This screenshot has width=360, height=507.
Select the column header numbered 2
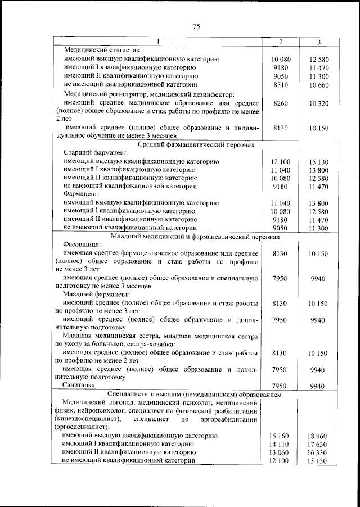[280, 42]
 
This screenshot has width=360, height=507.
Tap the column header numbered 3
[318, 42]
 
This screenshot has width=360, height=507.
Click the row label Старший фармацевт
[96, 153]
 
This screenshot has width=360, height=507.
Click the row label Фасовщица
[82, 245]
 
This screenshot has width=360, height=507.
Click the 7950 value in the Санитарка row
[280, 386]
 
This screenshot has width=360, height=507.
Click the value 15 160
[280, 435]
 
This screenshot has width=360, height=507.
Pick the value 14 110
[280, 443]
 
